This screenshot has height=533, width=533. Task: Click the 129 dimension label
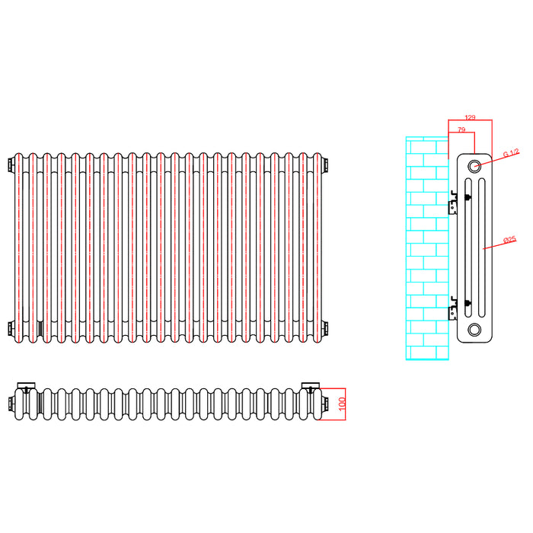point(470,117)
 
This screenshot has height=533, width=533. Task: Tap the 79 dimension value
point(461,129)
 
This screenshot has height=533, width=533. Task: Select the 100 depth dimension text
point(342,404)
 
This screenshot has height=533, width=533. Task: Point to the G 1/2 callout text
point(511,153)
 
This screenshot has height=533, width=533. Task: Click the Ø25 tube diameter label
point(509,240)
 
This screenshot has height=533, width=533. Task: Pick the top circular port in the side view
point(474,166)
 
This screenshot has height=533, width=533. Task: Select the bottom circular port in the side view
point(474,329)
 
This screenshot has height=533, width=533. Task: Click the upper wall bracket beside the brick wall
point(453,203)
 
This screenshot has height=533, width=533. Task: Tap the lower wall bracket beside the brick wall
point(453,308)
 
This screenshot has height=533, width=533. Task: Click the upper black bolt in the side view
point(468,196)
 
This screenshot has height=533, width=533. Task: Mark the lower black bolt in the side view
point(468,302)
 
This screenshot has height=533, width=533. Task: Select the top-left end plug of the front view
point(11,164)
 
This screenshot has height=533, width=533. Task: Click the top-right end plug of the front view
point(325,164)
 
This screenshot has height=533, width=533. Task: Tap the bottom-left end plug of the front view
point(11,328)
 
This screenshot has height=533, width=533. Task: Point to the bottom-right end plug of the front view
point(325,328)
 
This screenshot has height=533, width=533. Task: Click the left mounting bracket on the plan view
point(26,386)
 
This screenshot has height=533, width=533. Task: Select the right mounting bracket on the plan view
point(311,386)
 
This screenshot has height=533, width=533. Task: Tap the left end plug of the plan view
point(11,404)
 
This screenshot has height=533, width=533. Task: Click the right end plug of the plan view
point(325,404)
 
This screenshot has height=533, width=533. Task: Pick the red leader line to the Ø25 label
point(499,244)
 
